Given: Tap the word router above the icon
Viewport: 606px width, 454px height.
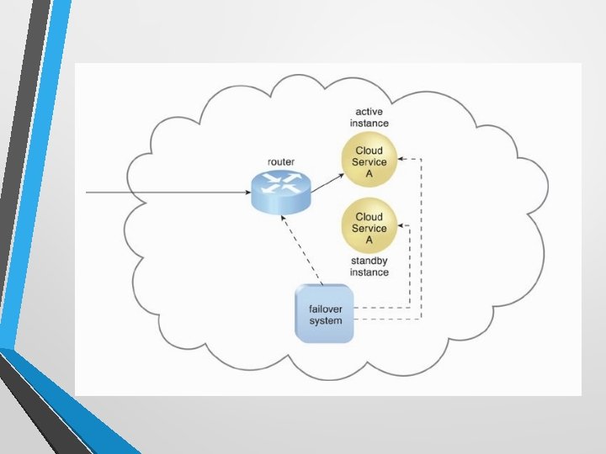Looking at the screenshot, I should (x=281, y=161).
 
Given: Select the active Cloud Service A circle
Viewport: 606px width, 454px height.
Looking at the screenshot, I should (x=369, y=162).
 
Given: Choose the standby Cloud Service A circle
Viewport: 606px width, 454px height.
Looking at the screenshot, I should (x=369, y=228).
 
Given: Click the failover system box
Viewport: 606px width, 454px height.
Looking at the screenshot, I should (x=326, y=314).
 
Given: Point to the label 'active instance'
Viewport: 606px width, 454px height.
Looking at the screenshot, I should (x=369, y=117).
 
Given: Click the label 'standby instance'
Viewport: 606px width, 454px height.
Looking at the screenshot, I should (x=369, y=267).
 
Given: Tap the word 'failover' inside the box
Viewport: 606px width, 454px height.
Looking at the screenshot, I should (x=326, y=308).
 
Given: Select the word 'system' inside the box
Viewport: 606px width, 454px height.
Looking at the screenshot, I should (x=326, y=320).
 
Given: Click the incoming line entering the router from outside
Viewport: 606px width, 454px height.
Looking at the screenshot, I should (x=168, y=193).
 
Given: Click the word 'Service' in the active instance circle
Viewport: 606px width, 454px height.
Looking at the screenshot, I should (x=369, y=162).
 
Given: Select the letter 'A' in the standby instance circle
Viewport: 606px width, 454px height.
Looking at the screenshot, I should (x=369, y=240).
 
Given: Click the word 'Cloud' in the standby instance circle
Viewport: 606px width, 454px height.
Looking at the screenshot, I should (x=369, y=217).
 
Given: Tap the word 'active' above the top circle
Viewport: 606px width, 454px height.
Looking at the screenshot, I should (x=369, y=111).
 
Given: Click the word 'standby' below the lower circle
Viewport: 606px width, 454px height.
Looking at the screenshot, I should (x=369, y=261).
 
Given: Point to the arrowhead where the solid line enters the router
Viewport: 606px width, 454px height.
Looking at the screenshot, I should (x=246, y=193).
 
